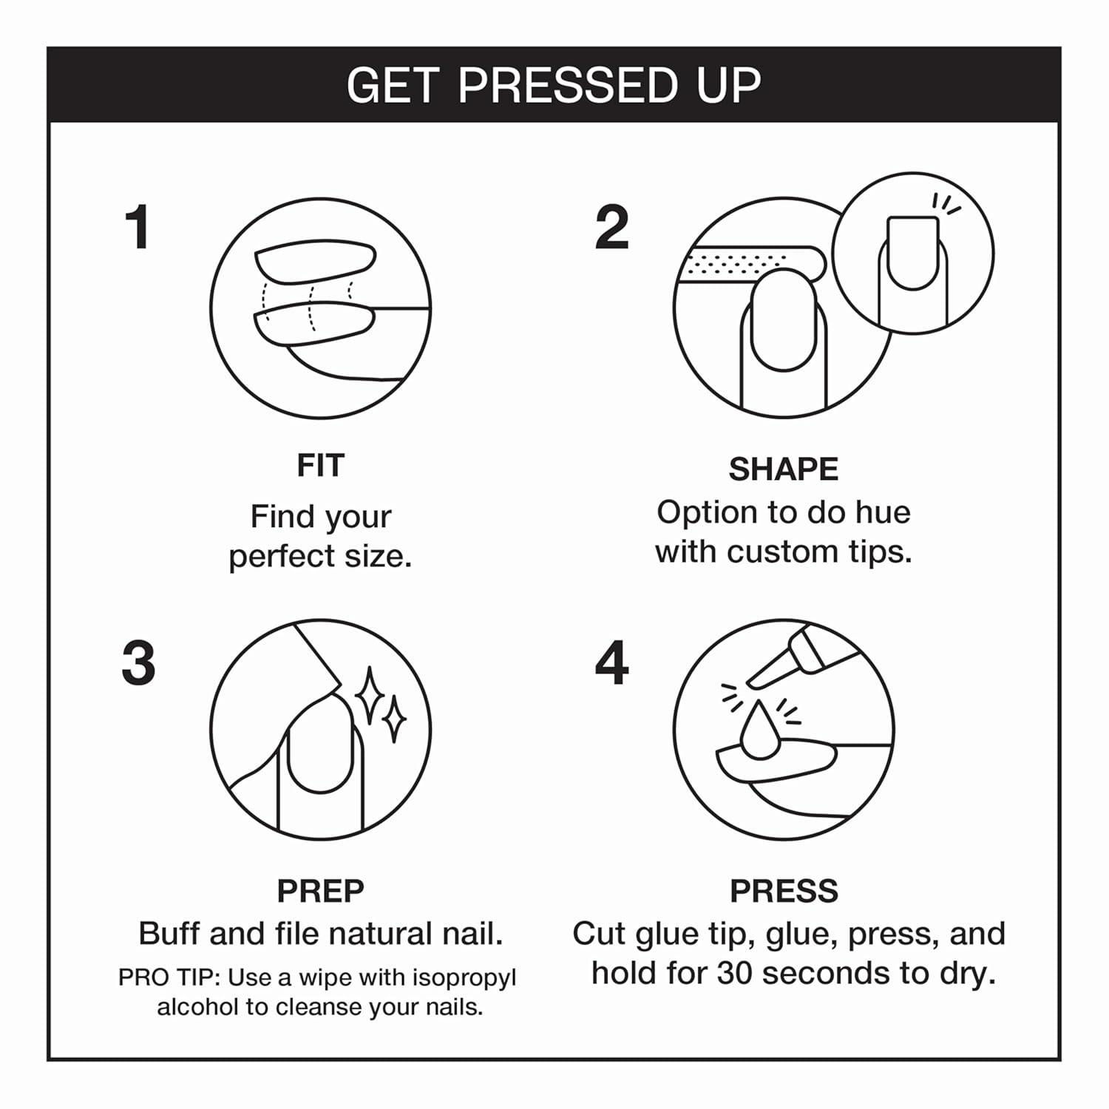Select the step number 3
[138, 662]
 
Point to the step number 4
[611, 662]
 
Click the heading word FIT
[320, 466]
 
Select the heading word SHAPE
[784, 469]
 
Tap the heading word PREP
[320, 891]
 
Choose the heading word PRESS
[784, 891]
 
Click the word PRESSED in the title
[568, 85]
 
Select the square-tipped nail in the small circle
[913, 252]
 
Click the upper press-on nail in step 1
[316, 260]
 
